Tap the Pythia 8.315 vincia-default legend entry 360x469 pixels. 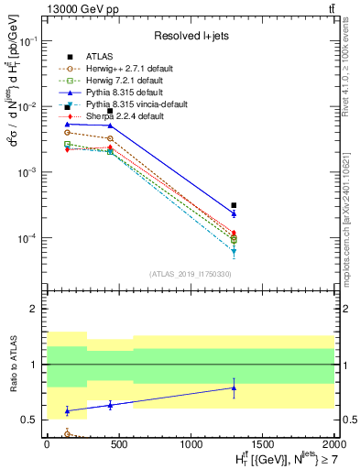(x=125, y=104)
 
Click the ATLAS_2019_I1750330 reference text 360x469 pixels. (x=189, y=274)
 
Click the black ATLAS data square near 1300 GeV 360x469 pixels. (x=234, y=205)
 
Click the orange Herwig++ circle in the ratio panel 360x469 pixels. (x=68, y=433)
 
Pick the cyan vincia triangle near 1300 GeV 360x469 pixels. (x=234, y=250)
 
